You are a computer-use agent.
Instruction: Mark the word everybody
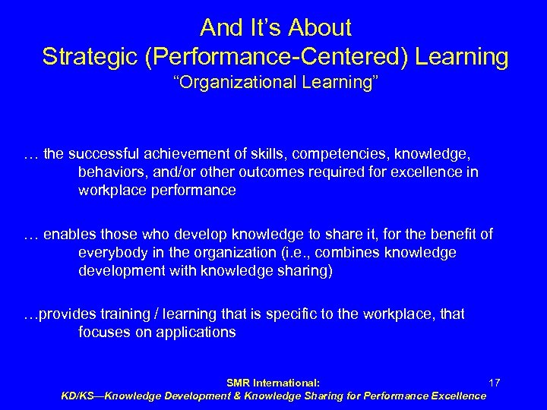click(112, 252)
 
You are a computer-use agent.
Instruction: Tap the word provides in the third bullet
click(67, 314)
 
